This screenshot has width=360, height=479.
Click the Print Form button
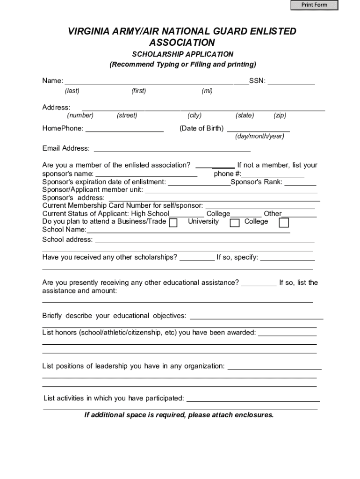(x=314, y=5)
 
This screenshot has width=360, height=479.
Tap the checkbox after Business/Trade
(x=173, y=223)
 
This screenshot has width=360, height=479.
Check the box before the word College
(x=235, y=223)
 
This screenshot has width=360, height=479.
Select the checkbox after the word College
(x=284, y=223)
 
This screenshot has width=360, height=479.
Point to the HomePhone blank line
(x=124, y=128)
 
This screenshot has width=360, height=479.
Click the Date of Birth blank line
(x=258, y=128)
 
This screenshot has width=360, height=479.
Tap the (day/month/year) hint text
(x=259, y=136)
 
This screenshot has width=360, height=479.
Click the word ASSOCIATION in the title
(x=182, y=43)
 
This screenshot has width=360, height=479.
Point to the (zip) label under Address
(x=280, y=116)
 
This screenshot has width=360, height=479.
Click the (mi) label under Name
(x=207, y=91)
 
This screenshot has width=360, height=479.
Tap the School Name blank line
(x=188, y=230)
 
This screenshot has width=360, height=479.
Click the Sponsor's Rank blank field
(x=300, y=182)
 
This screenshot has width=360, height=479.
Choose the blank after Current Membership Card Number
(x=260, y=205)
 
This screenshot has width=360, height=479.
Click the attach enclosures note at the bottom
(x=179, y=415)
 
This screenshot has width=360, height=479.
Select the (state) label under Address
(x=245, y=116)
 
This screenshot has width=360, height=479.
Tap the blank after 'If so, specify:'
(x=287, y=258)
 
